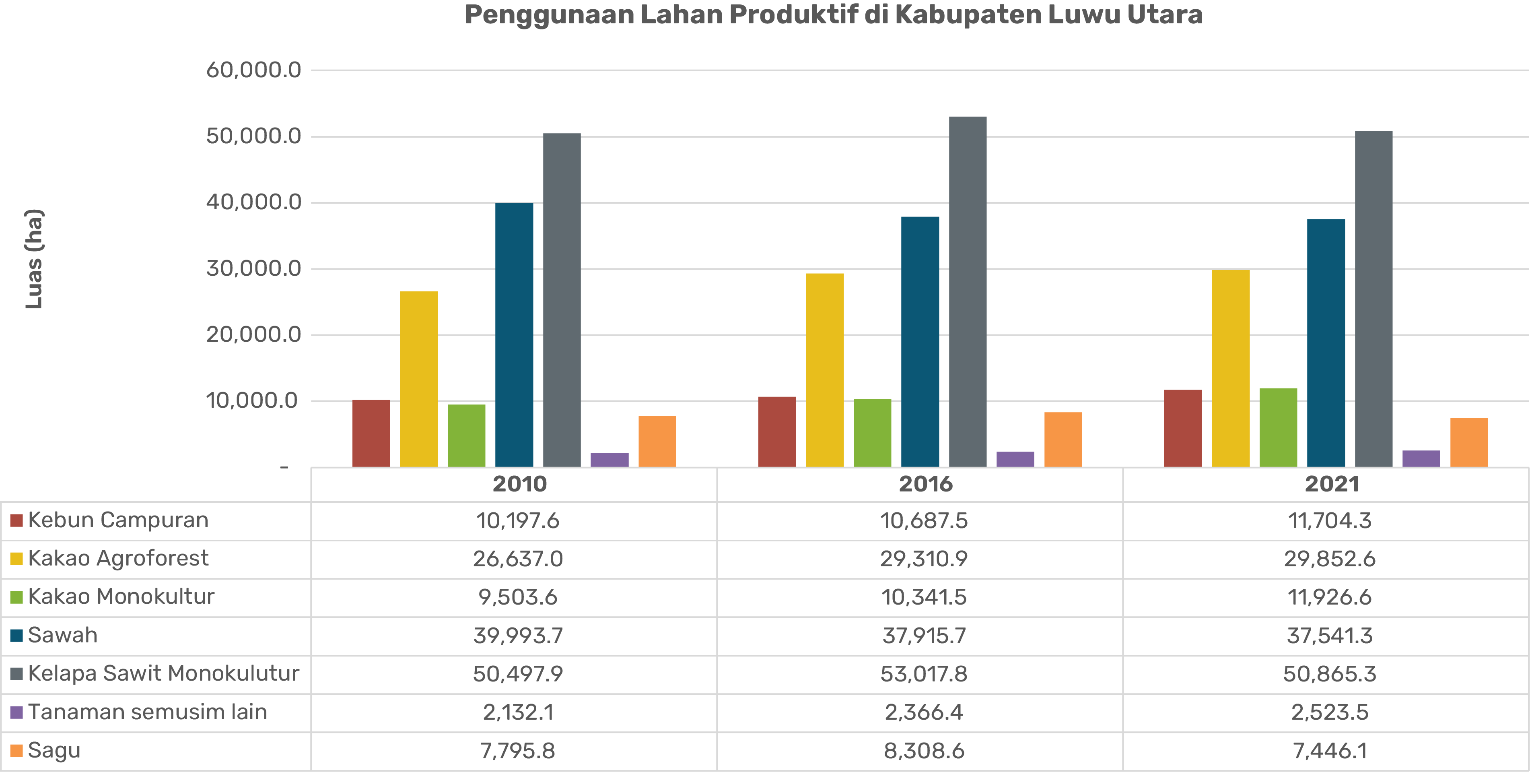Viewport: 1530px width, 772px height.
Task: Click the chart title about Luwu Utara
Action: [x=833, y=15]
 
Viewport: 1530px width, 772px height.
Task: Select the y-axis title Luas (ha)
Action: [x=34, y=259]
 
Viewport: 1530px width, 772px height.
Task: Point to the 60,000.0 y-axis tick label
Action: [x=253, y=70]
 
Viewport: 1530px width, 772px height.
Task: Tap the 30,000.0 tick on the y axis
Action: [x=253, y=268]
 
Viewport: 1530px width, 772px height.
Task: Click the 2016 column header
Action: [x=925, y=484]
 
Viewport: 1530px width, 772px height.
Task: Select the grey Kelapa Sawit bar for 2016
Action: [x=968, y=291]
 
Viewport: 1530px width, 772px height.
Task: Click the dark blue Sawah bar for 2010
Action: [x=514, y=334]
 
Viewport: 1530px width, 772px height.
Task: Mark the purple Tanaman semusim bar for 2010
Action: [x=610, y=460]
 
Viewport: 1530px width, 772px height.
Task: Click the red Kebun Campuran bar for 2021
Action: [x=1182, y=428]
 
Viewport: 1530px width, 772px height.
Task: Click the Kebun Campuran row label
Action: [x=118, y=520]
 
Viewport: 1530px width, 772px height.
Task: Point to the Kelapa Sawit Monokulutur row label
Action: [x=163, y=673]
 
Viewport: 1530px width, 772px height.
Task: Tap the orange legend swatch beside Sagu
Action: [x=16, y=751]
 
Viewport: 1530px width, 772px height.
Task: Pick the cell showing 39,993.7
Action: [x=518, y=635]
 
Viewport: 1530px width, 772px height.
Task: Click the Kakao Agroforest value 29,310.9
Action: [x=924, y=559]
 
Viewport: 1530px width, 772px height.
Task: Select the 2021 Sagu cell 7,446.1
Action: [x=1330, y=751]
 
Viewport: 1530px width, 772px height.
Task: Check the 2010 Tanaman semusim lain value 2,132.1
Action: [x=518, y=712]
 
